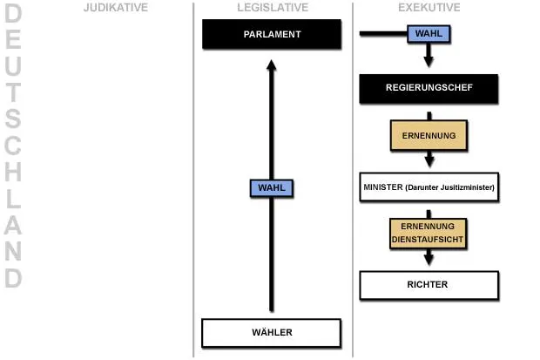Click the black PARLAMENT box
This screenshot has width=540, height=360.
(272, 34)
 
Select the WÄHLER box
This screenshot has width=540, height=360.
(272, 333)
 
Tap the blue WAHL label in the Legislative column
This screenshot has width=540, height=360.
(272, 188)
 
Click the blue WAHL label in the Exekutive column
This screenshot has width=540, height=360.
(429, 34)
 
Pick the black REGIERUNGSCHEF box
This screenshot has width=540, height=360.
(429, 89)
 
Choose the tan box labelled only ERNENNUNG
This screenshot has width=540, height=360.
(429, 135)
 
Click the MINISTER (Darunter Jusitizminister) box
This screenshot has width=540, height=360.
(429, 187)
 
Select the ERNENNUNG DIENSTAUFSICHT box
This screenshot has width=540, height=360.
(428, 234)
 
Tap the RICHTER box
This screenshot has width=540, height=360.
(429, 285)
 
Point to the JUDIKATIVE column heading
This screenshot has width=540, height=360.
(116, 7)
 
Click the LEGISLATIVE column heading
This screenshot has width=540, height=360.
(273, 7)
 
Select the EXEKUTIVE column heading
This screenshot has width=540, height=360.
(429, 7)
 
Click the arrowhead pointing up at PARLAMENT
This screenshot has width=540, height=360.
(272, 65)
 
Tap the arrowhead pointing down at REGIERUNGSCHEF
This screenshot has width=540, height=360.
(429, 62)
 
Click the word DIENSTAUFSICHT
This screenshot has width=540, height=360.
(428, 240)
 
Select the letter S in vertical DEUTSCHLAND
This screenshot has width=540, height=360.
(13, 119)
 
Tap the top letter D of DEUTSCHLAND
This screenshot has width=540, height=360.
(13, 13)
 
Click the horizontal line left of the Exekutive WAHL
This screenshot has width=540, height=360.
(383, 33)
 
